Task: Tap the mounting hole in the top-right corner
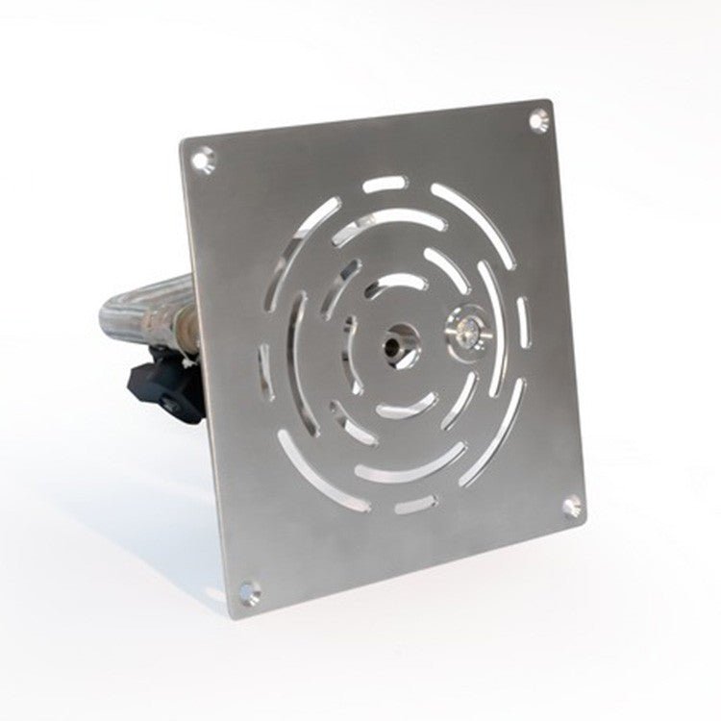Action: pos(538,120)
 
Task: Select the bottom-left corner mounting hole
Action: pos(250,590)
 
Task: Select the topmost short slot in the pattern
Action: pos(384,184)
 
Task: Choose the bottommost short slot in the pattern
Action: pos(416,503)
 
